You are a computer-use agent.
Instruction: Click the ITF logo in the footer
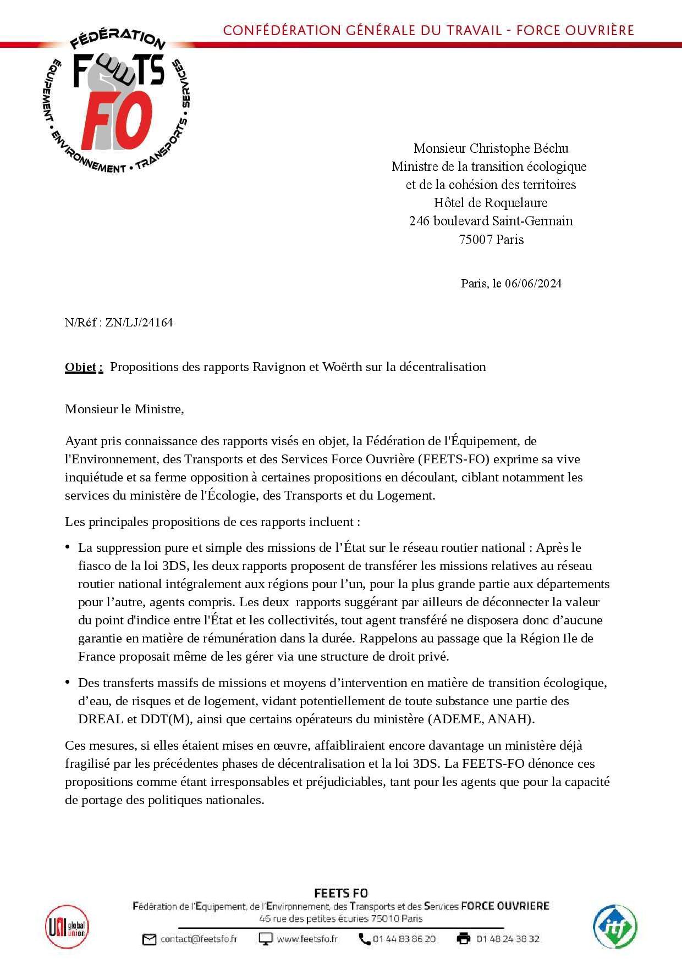(x=614, y=927)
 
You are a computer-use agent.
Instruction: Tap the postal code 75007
(x=476, y=240)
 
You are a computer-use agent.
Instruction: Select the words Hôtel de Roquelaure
(x=491, y=203)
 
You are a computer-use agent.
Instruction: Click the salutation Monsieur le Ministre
(x=124, y=409)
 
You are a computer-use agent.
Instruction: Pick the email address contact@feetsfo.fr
(x=199, y=939)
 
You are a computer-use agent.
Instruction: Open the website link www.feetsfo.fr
(x=307, y=939)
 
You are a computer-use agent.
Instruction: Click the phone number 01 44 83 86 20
(x=404, y=939)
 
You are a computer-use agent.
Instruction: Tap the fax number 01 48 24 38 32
(x=508, y=939)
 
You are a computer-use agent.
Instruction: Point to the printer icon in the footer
(x=463, y=939)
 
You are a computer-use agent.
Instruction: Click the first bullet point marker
(x=68, y=547)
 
